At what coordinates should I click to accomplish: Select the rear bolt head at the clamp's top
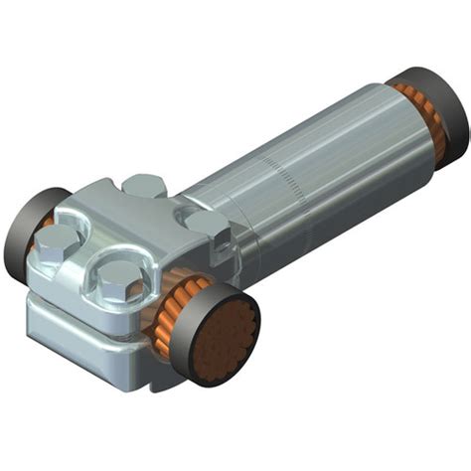point(145,185)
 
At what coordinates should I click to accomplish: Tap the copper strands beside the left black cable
point(44,234)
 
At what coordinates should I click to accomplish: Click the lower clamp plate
point(79,328)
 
